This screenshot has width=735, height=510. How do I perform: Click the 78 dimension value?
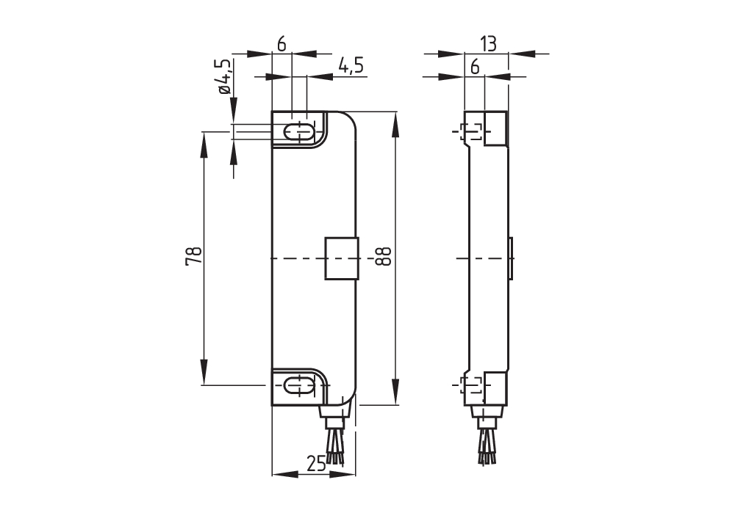tap(193, 257)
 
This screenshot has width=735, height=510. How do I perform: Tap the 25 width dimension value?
tap(316, 464)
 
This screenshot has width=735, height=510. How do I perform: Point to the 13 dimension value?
tap(487, 44)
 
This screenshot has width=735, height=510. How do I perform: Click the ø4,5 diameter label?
tap(224, 76)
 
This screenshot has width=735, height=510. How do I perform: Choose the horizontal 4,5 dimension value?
tap(351, 66)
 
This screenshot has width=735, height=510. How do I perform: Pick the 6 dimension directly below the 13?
tap(475, 67)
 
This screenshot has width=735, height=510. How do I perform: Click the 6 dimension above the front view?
tap(282, 44)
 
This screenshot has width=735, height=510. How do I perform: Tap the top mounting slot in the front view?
tap(299, 132)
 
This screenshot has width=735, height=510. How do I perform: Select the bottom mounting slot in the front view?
tap(299, 385)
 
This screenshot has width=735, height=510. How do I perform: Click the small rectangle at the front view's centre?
tap(340, 258)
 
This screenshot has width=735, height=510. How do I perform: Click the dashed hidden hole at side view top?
tap(470, 133)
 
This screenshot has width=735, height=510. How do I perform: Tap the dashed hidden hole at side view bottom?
tap(470, 385)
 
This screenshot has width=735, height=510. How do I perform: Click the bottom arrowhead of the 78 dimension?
tap(204, 373)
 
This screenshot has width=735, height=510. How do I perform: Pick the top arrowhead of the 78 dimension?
tap(204, 143)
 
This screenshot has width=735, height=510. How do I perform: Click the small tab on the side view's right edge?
tap(511, 258)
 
